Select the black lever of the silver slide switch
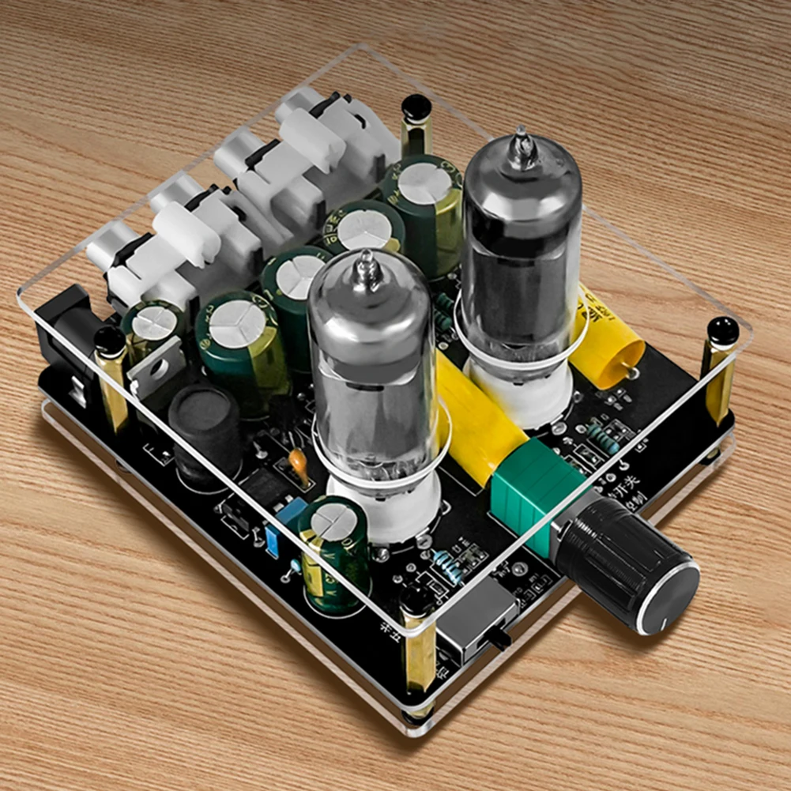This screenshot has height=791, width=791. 499,641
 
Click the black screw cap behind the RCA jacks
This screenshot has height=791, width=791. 416,107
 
